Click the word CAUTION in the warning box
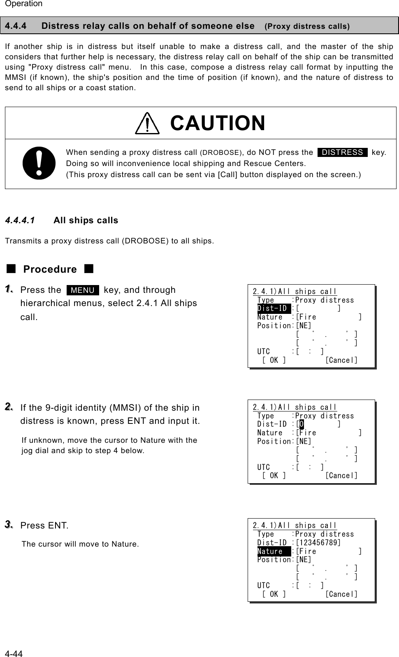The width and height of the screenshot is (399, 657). (218, 123)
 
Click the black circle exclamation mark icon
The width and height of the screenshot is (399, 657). (39, 163)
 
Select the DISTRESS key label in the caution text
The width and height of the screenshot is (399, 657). (342, 152)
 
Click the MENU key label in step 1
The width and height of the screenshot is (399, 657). (83, 290)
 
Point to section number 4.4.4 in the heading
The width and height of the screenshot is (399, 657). (16, 26)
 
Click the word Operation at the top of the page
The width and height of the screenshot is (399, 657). (24, 4)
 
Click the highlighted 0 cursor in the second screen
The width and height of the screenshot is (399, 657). (302, 424)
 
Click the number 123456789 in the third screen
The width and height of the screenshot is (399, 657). (318, 542)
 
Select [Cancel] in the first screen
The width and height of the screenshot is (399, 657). (341, 360)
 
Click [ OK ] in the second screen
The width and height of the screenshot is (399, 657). (274, 476)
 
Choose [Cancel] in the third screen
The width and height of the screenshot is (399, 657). (341, 594)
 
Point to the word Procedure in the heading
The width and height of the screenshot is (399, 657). (50, 269)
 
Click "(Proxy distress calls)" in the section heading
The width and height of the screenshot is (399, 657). (307, 26)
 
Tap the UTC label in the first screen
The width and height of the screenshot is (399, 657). (264, 351)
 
